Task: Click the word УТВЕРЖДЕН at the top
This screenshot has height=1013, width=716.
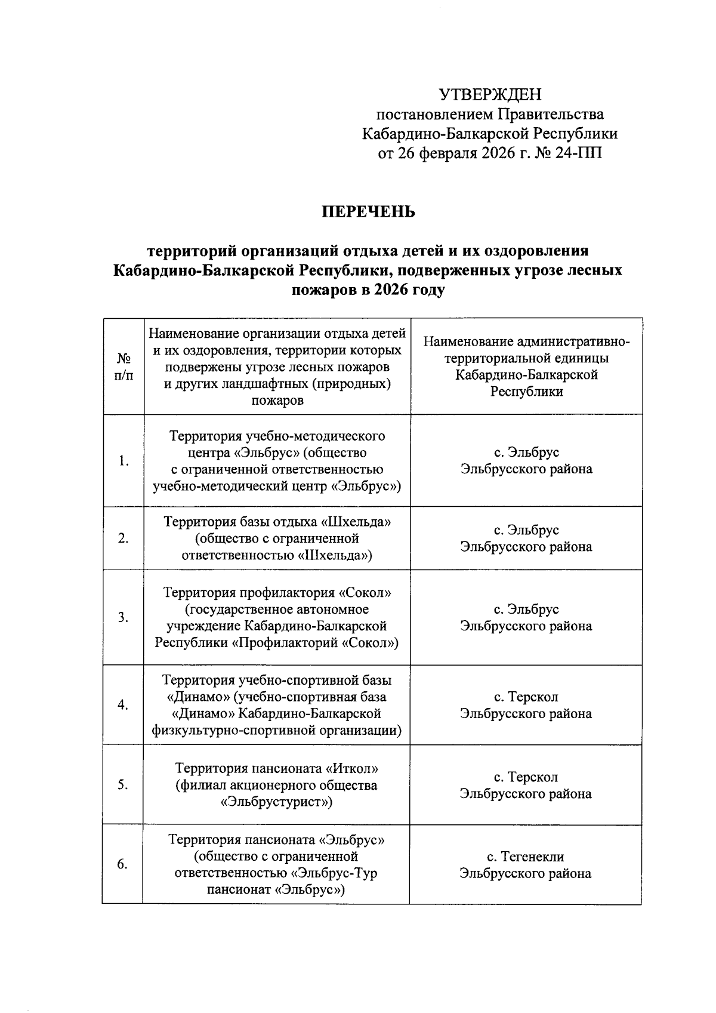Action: [x=490, y=94]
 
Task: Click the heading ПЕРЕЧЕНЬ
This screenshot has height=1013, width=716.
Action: [x=369, y=212]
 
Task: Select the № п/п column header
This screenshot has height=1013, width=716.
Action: [x=124, y=367]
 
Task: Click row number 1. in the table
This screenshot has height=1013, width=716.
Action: [x=124, y=461]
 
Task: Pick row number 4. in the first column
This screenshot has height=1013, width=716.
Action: [x=123, y=705]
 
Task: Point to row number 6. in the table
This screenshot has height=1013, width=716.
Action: [x=122, y=864]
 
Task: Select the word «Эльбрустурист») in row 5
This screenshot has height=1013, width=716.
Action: [x=276, y=802]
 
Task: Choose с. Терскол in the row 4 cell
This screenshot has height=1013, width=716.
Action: [x=526, y=697]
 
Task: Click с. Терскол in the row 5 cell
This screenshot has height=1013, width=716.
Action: [x=526, y=777]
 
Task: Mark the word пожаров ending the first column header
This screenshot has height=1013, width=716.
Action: [x=277, y=401]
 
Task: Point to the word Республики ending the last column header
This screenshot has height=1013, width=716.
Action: [x=526, y=392]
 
